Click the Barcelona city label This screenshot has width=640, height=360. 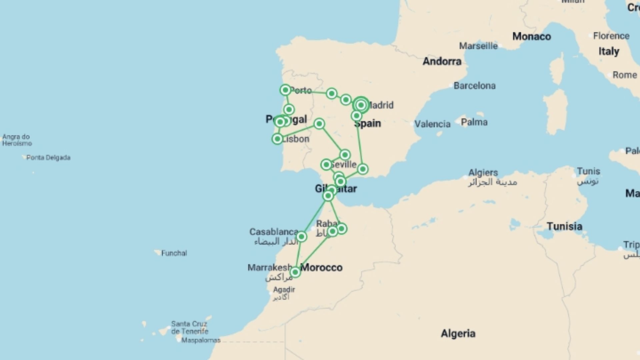coord(474,86)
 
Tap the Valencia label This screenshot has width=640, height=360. coord(432,124)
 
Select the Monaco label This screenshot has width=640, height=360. coord(531,36)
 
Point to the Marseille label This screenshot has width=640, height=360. coord(478,46)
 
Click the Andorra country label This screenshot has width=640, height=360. coord(442,61)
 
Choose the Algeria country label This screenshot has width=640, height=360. coord(458,333)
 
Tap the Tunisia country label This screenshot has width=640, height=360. coord(564,226)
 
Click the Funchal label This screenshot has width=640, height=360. coord(174,253)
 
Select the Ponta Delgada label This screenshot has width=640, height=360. coord(48,157)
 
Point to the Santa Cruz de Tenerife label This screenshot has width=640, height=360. coord(189,327)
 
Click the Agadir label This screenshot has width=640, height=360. coord(284,290)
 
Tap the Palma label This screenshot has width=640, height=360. coord(474,122)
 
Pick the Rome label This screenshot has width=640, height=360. coord(624,75)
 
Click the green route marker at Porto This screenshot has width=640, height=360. coord(285,90)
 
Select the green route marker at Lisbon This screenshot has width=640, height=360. coord(277,139)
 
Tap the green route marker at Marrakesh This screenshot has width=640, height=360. coord(295,272)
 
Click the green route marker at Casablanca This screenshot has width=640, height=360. coord(301,237)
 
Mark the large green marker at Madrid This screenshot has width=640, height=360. coord(361,105)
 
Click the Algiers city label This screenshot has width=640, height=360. coord(483,173)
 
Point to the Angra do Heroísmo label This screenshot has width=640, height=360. coord(17,140)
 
